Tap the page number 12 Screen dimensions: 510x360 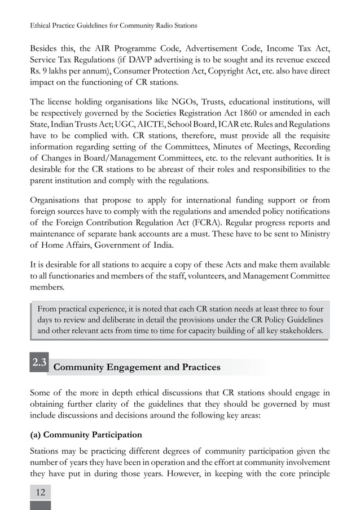click(x=40, y=492)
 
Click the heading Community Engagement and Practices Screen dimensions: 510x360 click(x=136, y=367)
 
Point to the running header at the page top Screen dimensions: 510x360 click(x=113, y=26)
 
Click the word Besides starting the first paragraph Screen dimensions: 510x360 click(x=46, y=47)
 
